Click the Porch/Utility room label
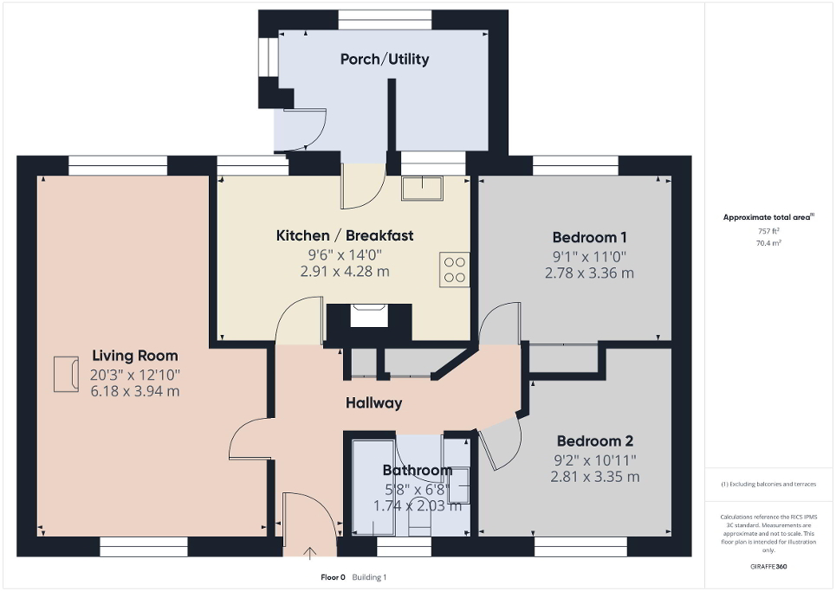click(384, 60)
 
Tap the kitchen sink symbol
click(422, 188)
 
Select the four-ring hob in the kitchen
click(455, 269)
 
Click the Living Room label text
click(135, 356)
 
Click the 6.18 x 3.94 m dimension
click(135, 391)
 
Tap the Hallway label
click(373, 403)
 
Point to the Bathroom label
click(418, 471)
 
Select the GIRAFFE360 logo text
click(769, 567)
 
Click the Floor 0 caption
click(333, 577)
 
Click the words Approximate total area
click(768, 218)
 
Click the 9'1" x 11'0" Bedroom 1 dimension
click(588, 256)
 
